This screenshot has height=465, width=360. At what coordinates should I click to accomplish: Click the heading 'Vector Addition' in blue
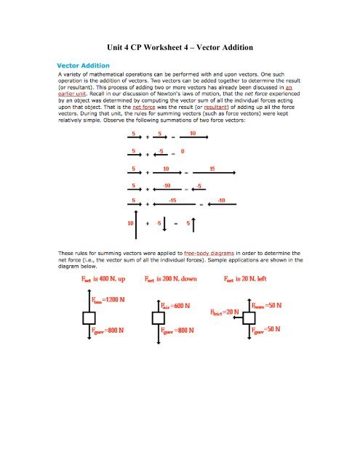[x=85, y=62]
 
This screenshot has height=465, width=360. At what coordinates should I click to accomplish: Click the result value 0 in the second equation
[x=183, y=151]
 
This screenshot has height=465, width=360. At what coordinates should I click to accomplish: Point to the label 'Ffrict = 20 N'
[x=225, y=311]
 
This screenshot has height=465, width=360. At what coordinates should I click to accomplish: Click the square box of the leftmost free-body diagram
[x=89, y=318]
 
